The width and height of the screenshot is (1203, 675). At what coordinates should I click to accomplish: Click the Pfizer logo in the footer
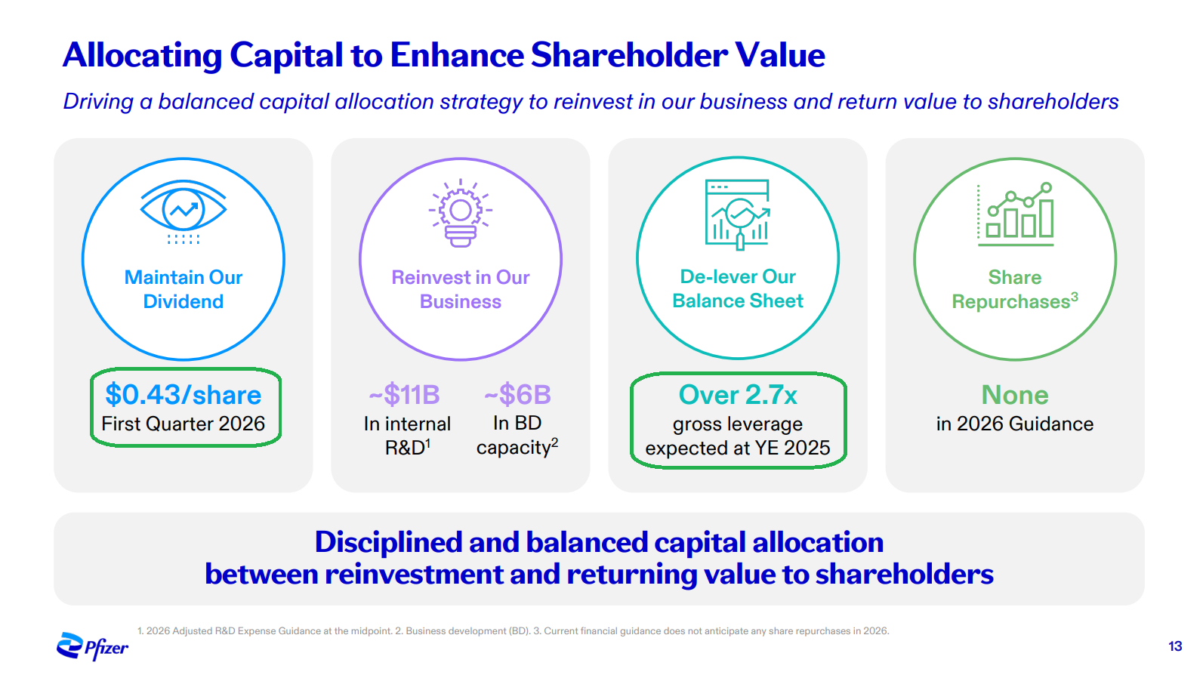92,646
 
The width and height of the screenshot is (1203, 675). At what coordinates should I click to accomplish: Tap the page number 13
1175,646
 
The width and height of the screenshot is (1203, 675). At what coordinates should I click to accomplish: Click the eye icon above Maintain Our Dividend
184,212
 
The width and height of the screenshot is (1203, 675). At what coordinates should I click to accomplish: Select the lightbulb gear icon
460,213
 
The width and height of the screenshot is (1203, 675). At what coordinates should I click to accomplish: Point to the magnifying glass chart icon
737,214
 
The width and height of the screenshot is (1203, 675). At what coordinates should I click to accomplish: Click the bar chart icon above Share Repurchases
1015,214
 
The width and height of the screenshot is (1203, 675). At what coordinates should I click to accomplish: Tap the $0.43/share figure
184,395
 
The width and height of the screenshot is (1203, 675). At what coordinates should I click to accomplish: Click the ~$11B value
405,395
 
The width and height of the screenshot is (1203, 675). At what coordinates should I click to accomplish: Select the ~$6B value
517,395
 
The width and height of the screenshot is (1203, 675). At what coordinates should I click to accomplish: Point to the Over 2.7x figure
738,395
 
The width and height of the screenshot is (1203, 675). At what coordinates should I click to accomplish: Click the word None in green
1015,395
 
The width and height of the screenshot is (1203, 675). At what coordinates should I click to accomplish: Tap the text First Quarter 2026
184,424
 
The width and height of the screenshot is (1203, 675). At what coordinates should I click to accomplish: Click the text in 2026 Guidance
1015,424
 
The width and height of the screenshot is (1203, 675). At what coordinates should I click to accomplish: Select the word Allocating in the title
142,56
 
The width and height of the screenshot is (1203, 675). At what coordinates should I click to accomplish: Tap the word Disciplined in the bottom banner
388,542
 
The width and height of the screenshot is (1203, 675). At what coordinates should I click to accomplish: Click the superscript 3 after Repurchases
1075,297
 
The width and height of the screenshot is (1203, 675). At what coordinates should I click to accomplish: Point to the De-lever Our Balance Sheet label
738,289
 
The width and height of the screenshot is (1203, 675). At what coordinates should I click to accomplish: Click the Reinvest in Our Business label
460,289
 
